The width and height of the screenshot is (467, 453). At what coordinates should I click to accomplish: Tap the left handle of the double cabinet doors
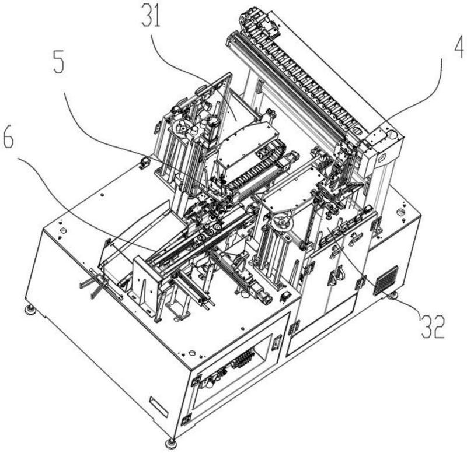tap(333, 276)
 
